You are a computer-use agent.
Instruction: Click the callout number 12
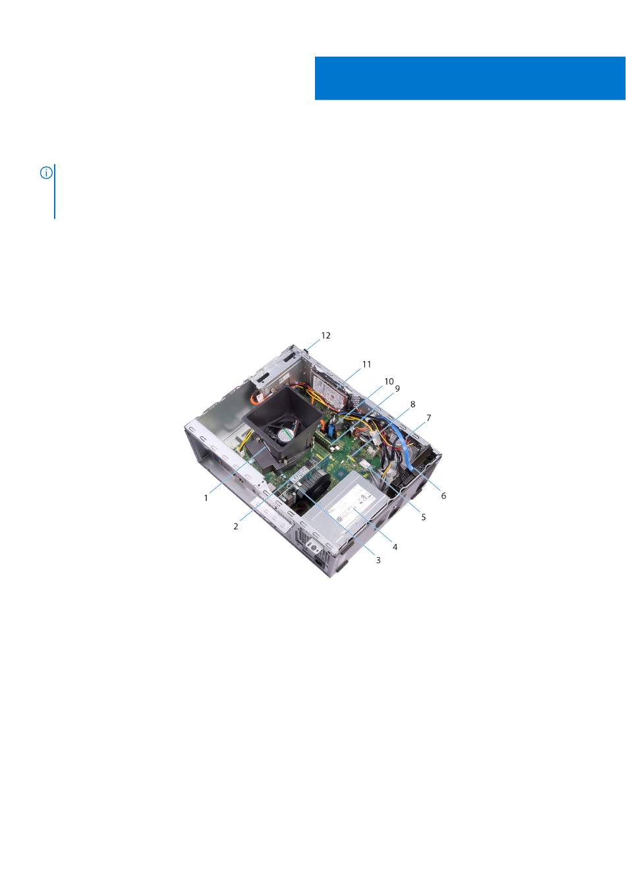326,336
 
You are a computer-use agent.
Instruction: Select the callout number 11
366,364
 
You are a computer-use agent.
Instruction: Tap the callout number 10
389,381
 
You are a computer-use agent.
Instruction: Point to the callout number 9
397,389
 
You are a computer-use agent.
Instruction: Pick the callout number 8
413,404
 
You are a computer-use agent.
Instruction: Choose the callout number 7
428,418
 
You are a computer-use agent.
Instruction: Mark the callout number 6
443,496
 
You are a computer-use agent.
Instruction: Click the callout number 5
424,517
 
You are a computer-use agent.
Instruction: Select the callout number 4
395,547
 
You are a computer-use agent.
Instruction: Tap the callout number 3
378,560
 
